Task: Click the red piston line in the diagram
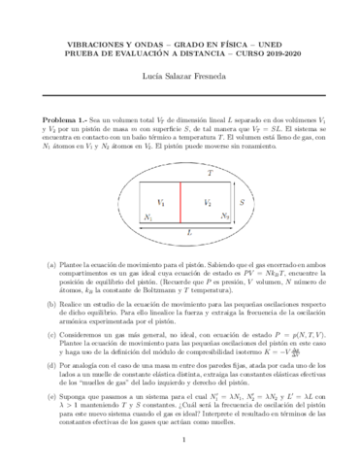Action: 181,203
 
